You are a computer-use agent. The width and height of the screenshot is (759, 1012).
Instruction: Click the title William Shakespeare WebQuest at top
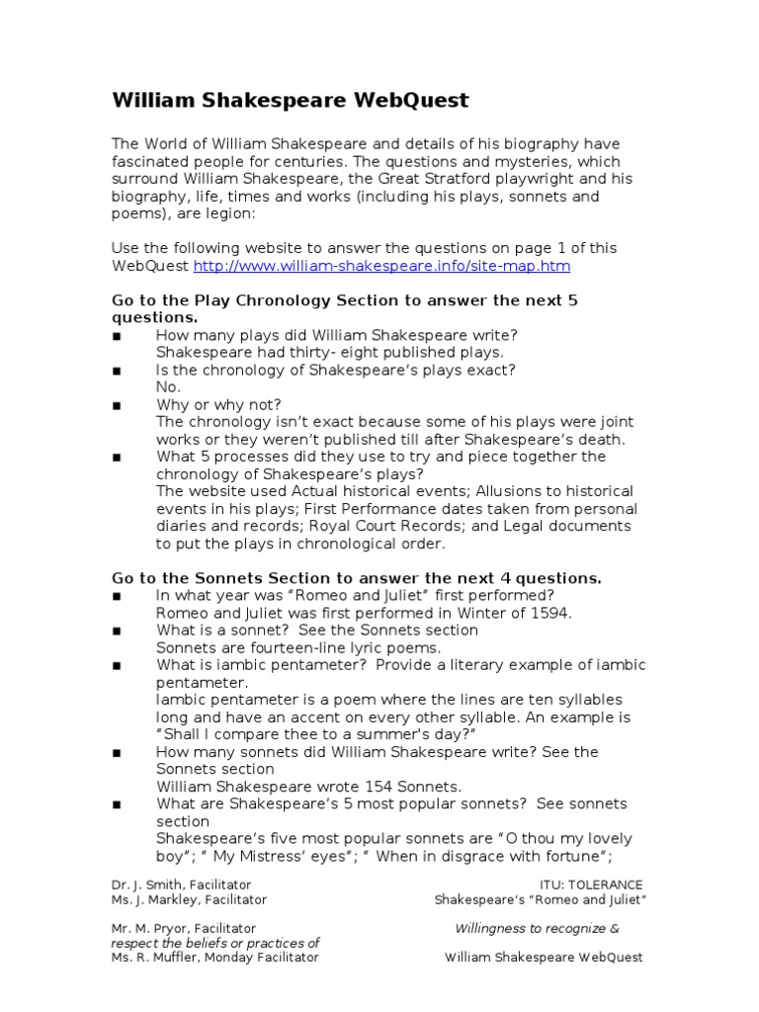291,101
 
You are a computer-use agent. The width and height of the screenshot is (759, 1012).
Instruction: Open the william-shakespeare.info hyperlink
381,267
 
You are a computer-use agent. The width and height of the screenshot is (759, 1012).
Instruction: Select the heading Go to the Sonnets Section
357,578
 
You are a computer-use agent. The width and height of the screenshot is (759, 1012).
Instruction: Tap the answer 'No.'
168,387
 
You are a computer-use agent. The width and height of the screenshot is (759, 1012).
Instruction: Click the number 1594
551,613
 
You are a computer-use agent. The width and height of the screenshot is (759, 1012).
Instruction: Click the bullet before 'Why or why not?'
117,405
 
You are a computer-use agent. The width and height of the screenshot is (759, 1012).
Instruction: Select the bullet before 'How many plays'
117,336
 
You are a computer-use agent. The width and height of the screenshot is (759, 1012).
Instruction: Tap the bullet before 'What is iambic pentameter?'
117,665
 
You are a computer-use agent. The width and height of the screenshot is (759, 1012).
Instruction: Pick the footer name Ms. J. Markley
150,900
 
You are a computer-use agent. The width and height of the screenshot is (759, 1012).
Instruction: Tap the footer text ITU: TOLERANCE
589,885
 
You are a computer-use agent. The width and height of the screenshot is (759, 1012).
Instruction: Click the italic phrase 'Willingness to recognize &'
537,929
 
